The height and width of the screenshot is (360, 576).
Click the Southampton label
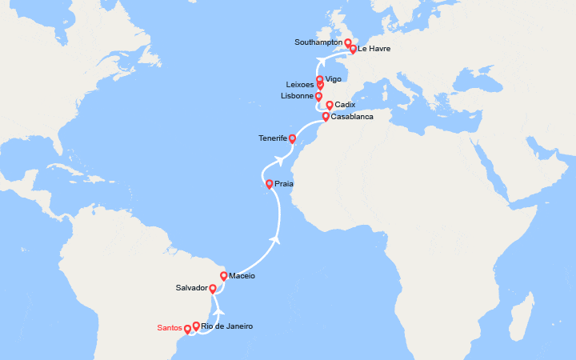pyautogui.click(x=318, y=42)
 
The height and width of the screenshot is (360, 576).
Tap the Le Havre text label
pyautogui.click(x=374, y=49)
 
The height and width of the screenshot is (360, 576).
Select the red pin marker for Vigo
pyautogui.click(x=320, y=79)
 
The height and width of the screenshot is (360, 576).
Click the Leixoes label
pyautogui.click(x=300, y=85)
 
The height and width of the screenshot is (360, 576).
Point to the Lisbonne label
pyautogui.click(x=297, y=96)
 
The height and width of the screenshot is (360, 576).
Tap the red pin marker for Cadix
pyautogui.click(x=330, y=105)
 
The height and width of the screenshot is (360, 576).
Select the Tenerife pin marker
pyautogui.click(x=292, y=138)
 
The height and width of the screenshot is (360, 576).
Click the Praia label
pyautogui.click(x=284, y=184)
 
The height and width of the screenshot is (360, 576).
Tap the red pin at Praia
pyautogui.click(x=270, y=183)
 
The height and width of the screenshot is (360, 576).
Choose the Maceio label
pyautogui.click(x=242, y=276)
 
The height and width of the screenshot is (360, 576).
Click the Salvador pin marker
pyautogui.click(x=214, y=288)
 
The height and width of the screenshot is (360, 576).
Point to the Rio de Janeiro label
pyautogui.click(x=227, y=326)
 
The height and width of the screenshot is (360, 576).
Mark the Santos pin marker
pyautogui.click(x=187, y=328)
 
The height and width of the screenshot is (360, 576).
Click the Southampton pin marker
pyautogui.click(x=348, y=42)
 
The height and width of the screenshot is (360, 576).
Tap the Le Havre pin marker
pyautogui.click(x=353, y=49)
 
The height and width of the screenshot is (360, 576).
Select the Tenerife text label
pyautogui.click(x=273, y=138)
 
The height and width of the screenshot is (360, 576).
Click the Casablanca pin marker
pyautogui.click(x=325, y=117)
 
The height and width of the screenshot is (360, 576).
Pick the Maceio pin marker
pyautogui.click(x=224, y=276)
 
